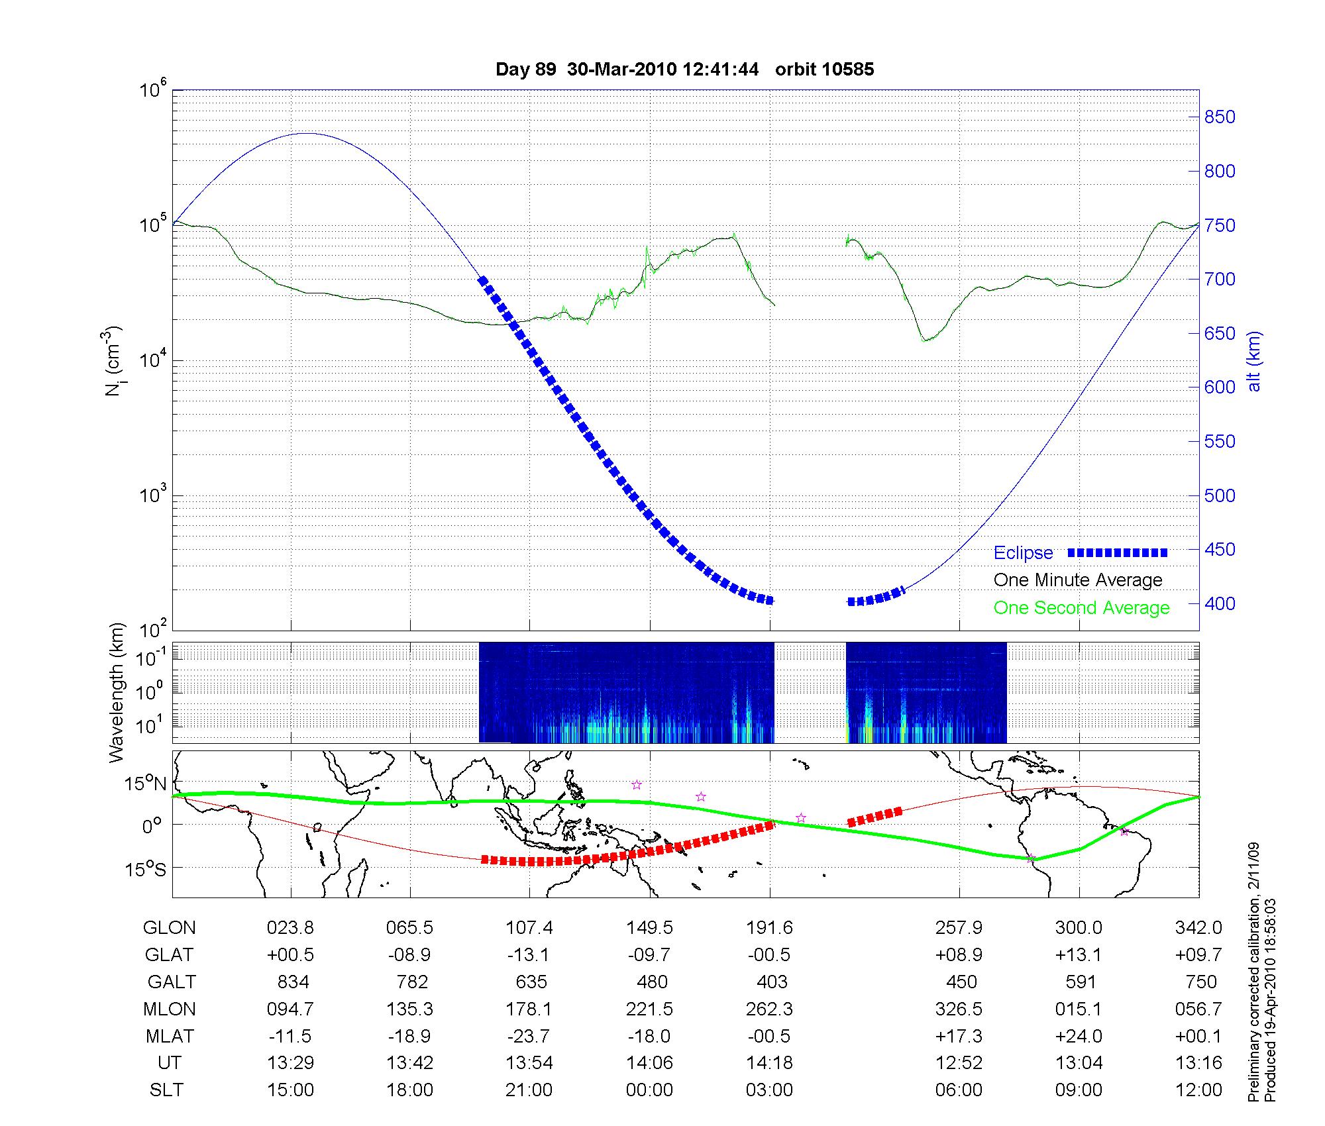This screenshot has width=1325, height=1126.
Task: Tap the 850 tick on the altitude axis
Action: [1219, 117]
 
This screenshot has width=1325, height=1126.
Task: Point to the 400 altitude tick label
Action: [1219, 603]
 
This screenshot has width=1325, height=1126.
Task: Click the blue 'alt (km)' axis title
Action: [1254, 362]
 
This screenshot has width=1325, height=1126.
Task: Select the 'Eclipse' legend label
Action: [1023, 552]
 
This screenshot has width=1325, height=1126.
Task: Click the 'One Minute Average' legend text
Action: [1078, 580]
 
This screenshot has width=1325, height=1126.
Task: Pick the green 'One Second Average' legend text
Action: [1081, 608]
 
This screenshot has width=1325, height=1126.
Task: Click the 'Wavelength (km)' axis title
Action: [117, 693]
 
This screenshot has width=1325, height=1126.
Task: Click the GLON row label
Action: [169, 928]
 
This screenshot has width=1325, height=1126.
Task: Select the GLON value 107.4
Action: [529, 928]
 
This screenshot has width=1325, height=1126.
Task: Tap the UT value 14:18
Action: [769, 1063]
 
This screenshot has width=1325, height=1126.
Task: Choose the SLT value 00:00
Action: [649, 1090]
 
